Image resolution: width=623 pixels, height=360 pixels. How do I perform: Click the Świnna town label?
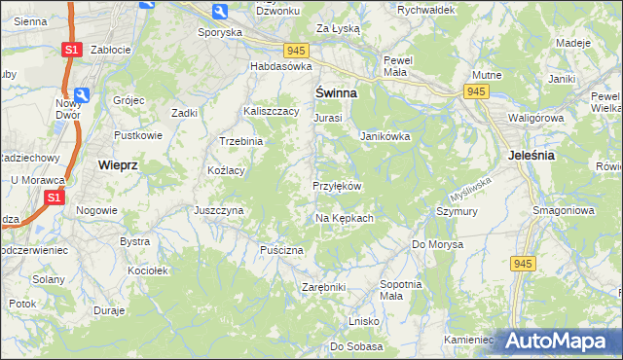335,92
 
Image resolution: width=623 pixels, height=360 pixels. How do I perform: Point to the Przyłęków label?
337,186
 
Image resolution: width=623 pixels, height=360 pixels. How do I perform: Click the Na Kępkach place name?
345,218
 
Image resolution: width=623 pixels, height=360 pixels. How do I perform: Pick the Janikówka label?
385,136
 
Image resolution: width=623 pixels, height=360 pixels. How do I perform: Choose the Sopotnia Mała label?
400,289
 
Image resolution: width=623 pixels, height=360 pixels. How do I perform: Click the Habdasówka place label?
280,66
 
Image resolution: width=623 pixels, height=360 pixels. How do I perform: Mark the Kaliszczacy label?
271,111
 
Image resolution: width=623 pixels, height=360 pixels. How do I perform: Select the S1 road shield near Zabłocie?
70,49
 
